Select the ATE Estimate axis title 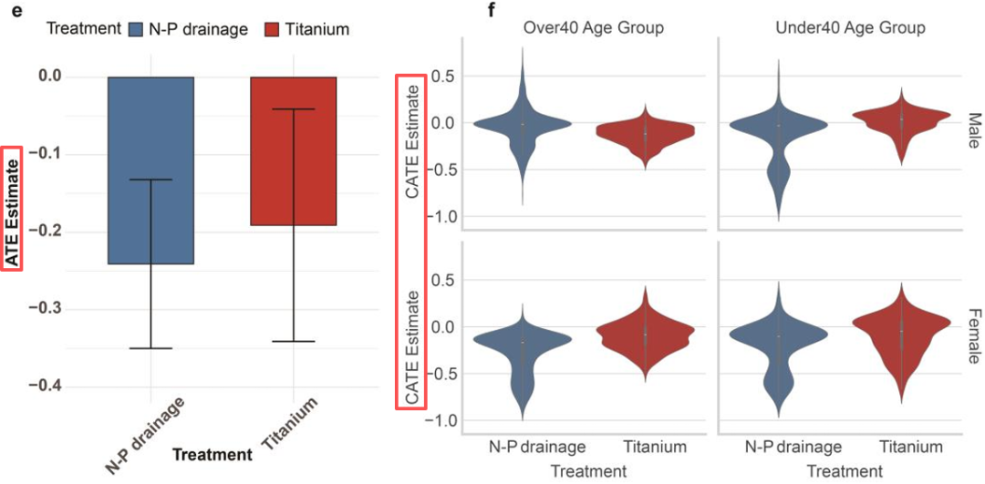12,209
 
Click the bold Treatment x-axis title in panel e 212,454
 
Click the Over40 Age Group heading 593,28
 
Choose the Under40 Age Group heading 850,28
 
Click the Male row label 973,128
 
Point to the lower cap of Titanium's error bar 294,342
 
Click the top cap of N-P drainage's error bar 150,180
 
